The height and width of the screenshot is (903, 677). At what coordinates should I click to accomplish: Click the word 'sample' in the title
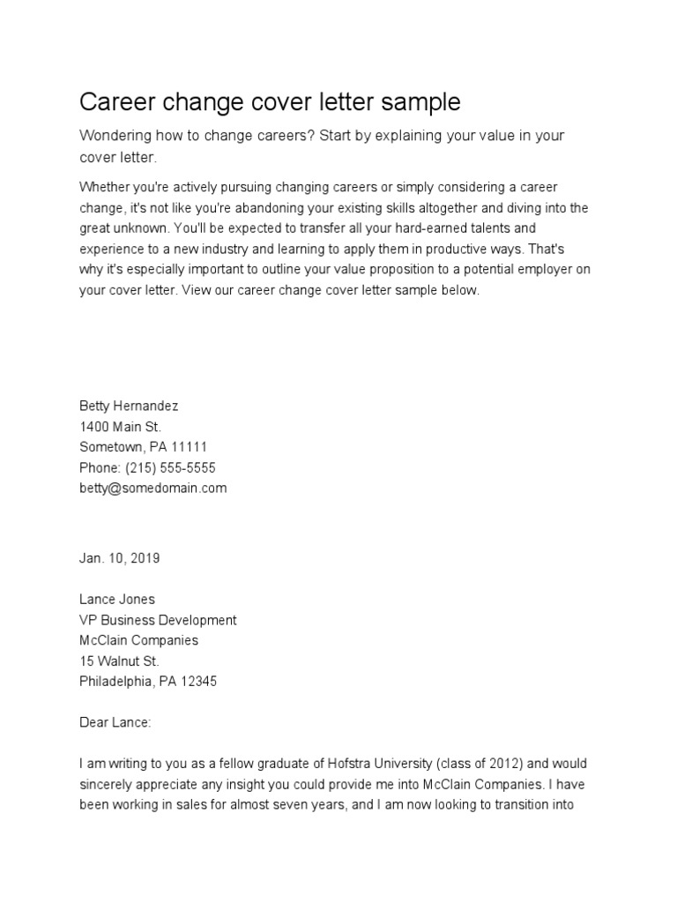pyautogui.click(x=420, y=102)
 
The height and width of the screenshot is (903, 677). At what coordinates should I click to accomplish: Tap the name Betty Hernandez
pyautogui.click(x=129, y=407)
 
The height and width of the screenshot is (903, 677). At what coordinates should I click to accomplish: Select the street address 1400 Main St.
pyautogui.click(x=120, y=427)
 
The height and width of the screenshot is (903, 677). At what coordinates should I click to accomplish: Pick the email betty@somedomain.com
pyautogui.click(x=153, y=488)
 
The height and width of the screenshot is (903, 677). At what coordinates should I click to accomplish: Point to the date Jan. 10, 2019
pyautogui.click(x=120, y=558)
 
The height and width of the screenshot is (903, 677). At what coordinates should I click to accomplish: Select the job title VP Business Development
pyautogui.click(x=158, y=620)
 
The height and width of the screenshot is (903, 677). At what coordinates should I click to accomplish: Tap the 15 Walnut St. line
pyautogui.click(x=120, y=660)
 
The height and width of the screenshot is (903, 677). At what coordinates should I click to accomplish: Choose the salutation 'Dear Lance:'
pyautogui.click(x=115, y=722)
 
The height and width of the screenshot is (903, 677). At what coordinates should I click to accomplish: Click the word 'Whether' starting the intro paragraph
pyautogui.click(x=103, y=188)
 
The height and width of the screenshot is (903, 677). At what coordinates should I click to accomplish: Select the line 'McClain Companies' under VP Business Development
pyautogui.click(x=138, y=640)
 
